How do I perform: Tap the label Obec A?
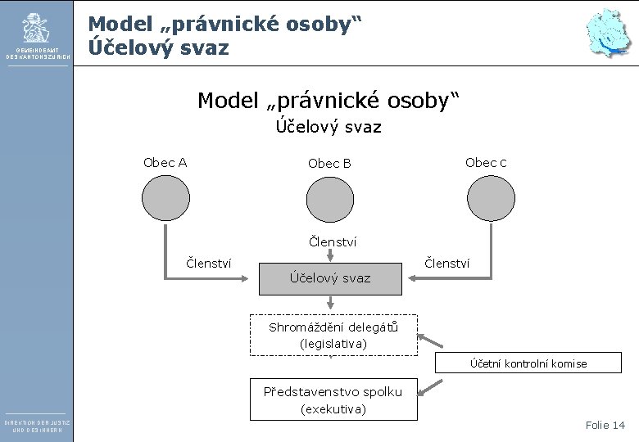click(165, 162)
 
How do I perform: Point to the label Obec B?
click(329, 164)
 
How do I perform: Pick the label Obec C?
click(486, 162)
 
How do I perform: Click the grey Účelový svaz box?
click(330, 278)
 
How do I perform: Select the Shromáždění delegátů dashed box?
click(333, 336)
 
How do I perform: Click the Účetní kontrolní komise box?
click(528, 363)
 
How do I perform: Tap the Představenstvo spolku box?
click(333, 399)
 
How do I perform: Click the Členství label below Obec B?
click(332, 241)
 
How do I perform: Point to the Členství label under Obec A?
click(209, 263)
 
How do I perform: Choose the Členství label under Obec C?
click(446, 263)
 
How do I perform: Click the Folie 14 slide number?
click(605, 425)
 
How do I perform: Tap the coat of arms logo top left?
click(36, 29)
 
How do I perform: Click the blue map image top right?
click(608, 34)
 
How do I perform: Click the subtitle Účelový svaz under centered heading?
click(328, 127)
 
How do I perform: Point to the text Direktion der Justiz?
click(37, 422)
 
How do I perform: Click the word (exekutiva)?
click(333, 408)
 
